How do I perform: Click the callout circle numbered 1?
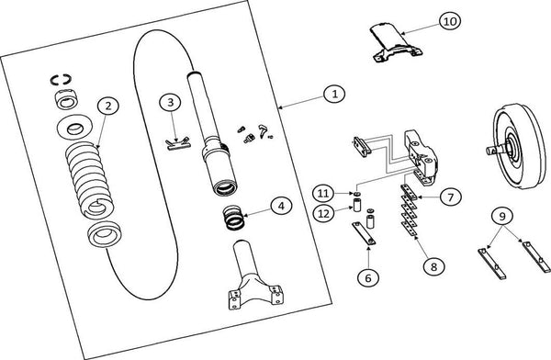[x=334, y=94]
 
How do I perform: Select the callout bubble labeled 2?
[x=108, y=106]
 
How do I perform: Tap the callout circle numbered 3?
[x=171, y=102]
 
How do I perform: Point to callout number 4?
[x=281, y=206]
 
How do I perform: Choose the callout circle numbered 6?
[x=368, y=278]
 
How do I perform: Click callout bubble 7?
[x=451, y=197]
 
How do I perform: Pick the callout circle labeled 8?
[x=434, y=266]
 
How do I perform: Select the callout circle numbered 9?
[x=502, y=216]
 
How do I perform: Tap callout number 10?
[x=450, y=21]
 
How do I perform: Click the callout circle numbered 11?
[x=323, y=193]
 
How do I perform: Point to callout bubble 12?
[x=323, y=213]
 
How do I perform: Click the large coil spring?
[x=90, y=180]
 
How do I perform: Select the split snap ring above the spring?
[x=61, y=80]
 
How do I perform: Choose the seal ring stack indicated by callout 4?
[x=234, y=218]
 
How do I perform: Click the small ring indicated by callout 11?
[x=357, y=195]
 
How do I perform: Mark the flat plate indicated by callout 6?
[x=364, y=233]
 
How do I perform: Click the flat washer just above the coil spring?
[x=74, y=127]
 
